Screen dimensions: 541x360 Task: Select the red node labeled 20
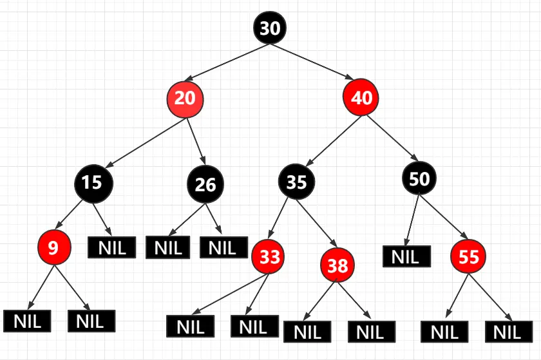click(185, 99)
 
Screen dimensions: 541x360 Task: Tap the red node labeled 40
click(361, 98)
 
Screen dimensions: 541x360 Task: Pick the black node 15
click(93, 182)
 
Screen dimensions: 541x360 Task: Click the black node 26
click(205, 185)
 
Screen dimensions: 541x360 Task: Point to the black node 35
click(296, 182)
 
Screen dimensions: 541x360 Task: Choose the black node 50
click(419, 178)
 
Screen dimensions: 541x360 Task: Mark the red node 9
click(53, 249)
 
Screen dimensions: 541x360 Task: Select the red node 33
click(270, 257)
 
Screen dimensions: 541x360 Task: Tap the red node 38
click(337, 265)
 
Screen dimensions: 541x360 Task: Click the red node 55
click(469, 257)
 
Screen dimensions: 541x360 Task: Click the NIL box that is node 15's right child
click(111, 247)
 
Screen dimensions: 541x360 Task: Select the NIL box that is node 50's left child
click(405, 256)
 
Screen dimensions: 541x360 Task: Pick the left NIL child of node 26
click(168, 247)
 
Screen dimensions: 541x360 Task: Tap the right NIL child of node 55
click(507, 332)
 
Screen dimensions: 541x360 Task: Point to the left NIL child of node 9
click(27, 321)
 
